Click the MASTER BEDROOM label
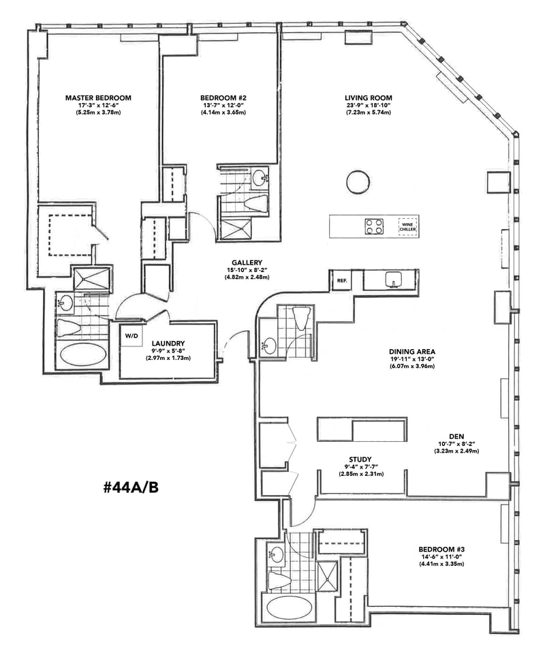pos(98,97)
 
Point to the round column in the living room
pos(358,181)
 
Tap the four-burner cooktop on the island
pos(374,226)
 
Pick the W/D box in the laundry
pos(129,336)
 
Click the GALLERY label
pos(243,262)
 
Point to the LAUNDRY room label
pos(167,344)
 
